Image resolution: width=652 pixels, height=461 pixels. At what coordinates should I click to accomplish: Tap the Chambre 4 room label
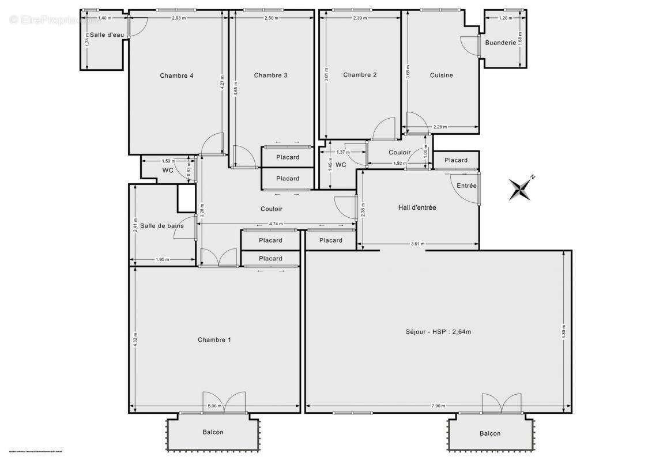coord(176,75)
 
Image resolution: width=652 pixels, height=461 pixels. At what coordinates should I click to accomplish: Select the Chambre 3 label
coord(270,75)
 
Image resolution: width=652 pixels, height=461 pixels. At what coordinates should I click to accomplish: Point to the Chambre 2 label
coord(360,75)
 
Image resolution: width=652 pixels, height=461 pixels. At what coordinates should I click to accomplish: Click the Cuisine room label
coord(442,75)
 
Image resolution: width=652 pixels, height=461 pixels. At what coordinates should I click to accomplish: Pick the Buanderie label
coord(500,43)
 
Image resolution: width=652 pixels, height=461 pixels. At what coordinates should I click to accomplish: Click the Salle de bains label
coord(162,226)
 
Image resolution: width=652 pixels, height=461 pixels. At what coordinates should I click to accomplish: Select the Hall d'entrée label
coord(417,207)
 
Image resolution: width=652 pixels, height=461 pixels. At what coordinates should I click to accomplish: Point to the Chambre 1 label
coord(214,340)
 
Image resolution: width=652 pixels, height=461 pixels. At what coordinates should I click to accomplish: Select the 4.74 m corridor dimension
coord(276,224)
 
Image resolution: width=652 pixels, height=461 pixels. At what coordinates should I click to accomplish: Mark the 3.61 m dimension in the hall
coord(418,244)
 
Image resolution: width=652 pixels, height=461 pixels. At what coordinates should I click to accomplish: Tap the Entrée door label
coord(466,186)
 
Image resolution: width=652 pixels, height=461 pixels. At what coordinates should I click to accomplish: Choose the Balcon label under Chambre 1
coord(213,432)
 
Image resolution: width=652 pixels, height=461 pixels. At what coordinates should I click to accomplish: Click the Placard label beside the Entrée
coord(456,160)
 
